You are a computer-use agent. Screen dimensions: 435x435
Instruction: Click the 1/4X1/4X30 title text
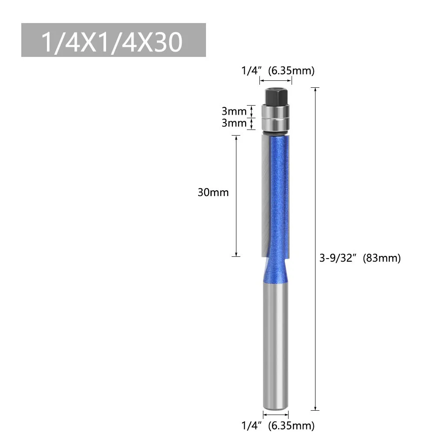pyautogui.click(x=112, y=41)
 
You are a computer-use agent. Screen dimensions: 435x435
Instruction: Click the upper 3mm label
pyautogui.click(x=234, y=111)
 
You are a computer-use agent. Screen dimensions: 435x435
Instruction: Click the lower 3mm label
pyautogui.click(x=234, y=123)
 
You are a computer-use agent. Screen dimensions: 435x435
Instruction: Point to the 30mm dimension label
pyautogui.click(x=213, y=192)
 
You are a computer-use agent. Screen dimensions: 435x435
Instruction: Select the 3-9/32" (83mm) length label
pyautogui.click(x=360, y=258)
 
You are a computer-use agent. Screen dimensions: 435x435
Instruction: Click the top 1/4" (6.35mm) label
pyautogui.click(x=277, y=70)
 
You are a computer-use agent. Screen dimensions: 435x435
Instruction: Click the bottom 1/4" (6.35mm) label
pyautogui.click(x=277, y=425)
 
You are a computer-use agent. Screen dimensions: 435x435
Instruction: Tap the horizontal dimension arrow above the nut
pyautogui.click(x=276, y=81)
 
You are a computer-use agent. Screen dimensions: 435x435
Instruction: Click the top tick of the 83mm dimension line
pyautogui.click(x=315, y=88)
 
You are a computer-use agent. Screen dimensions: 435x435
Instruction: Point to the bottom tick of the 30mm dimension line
pyautogui.click(x=236, y=256)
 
